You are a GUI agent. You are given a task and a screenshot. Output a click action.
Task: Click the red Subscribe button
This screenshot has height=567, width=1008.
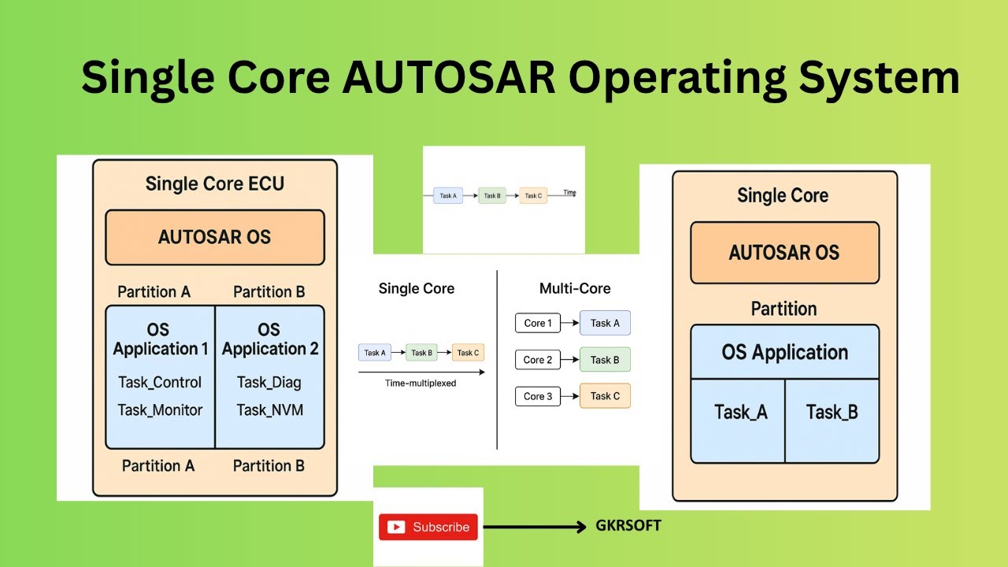(x=428, y=527)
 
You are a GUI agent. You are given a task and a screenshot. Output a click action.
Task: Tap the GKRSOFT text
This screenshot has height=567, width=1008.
(x=628, y=526)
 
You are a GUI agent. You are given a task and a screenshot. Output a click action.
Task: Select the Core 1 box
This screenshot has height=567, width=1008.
(x=538, y=323)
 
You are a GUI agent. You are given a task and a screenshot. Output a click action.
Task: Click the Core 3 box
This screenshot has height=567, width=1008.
(x=538, y=396)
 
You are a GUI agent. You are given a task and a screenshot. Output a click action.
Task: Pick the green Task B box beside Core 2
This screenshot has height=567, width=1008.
(x=605, y=360)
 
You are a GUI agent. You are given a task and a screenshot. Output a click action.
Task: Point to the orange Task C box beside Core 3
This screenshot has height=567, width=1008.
(x=605, y=396)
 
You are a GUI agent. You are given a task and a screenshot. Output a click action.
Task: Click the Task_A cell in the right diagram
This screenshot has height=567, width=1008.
(x=739, y=412)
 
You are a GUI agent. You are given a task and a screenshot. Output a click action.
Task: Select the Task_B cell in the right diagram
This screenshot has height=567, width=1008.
(x=832, y=412)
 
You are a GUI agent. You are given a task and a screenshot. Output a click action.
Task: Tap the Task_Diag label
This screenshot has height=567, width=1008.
(x=269, y=383)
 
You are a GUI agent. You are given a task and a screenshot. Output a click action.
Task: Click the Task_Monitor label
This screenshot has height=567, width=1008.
(x=160, y=409)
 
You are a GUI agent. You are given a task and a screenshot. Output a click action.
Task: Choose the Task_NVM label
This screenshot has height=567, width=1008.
(x=269, y=409)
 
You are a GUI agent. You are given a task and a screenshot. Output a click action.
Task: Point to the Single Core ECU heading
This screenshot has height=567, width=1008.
(x=214, y=184)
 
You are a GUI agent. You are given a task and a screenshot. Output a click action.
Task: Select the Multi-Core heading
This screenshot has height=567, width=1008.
(x=575, y=289)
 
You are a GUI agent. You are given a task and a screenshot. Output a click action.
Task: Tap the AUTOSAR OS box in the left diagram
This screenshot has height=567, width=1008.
(x=214, y=237)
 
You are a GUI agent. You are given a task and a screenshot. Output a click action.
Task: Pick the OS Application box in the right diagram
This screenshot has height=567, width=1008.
(x=784, y=352)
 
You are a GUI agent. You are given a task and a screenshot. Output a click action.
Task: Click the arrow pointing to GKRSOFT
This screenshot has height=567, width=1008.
(x=535, y=527)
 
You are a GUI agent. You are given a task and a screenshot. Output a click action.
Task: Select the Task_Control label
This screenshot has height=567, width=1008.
(x=160, y=383)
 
